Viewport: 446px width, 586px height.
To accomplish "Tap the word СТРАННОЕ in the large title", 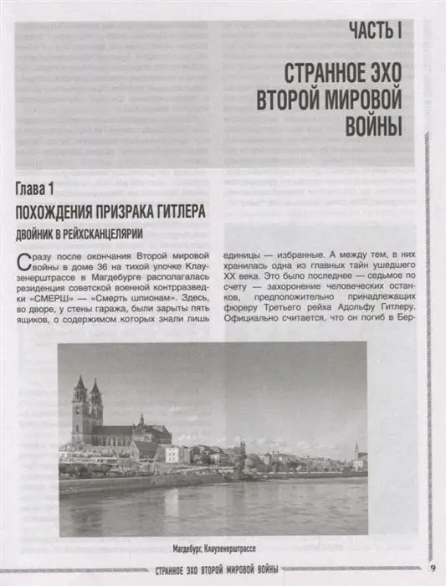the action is [321, 70].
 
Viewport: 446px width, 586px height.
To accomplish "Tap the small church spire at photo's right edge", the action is [357, 453].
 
